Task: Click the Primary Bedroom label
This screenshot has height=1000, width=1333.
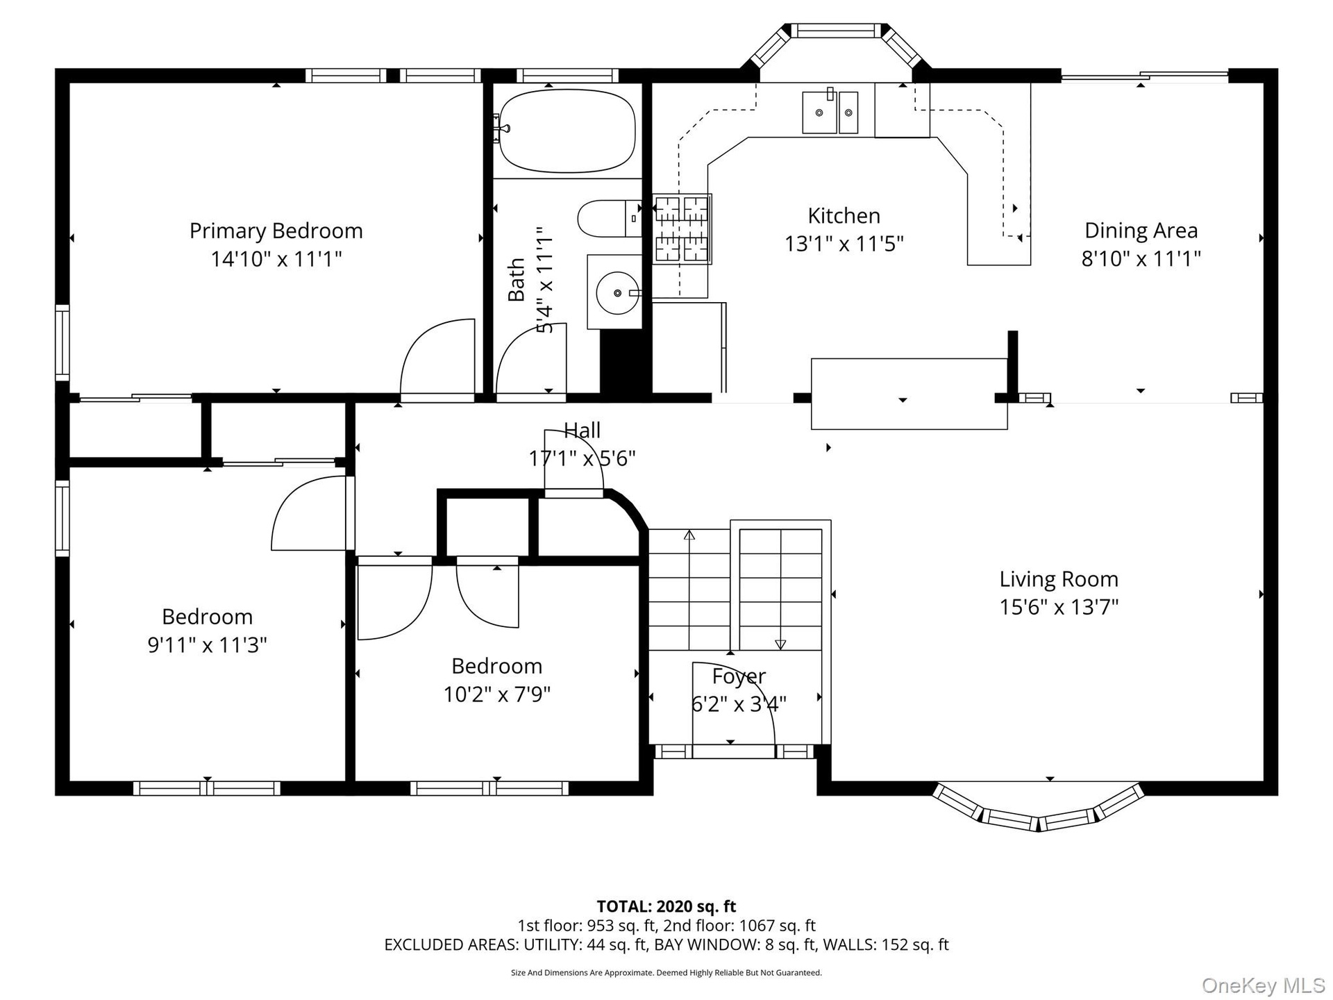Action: point(276,231)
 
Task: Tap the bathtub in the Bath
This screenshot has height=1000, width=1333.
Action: point(567,131)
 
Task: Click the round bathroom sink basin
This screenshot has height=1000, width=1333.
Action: point(617,293)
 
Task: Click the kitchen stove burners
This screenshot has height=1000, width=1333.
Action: point(682,229)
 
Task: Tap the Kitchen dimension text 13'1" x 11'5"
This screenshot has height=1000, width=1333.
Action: point(844,244)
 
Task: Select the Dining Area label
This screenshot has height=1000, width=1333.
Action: point(1141,231)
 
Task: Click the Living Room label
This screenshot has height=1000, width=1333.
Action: point(1059,579)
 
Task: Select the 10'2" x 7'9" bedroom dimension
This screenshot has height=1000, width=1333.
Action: point(497,694)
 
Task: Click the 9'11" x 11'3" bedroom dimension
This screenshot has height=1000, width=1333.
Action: point(207,645)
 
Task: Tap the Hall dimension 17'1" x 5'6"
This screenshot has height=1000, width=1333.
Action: point(582,459)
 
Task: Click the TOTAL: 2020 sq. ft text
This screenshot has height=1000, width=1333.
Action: point(666,906)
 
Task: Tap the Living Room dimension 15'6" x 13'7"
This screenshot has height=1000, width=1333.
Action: point(1059,608)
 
